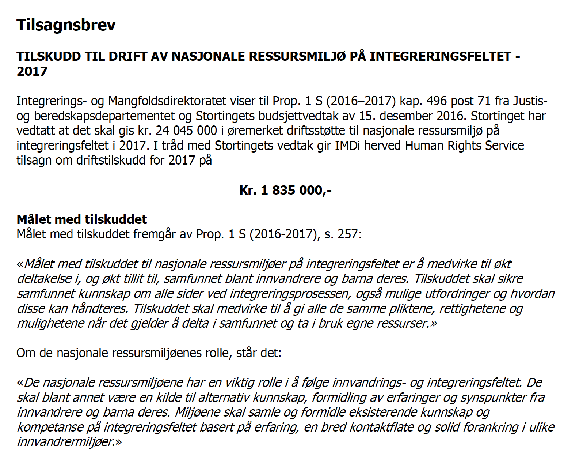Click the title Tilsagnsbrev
point(66,25)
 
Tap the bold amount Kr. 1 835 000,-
point(285,190)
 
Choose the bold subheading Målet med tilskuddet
point(82,219)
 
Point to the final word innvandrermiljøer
point(66,442)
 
